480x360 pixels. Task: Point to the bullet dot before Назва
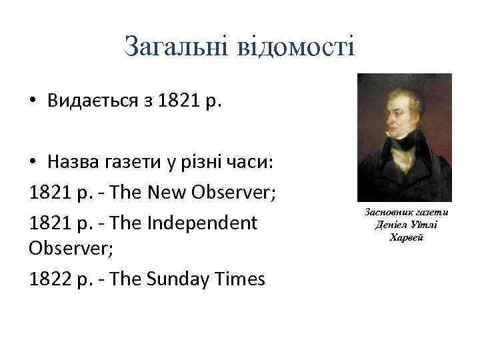[33, 164]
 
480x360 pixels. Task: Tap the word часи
[262, 164]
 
